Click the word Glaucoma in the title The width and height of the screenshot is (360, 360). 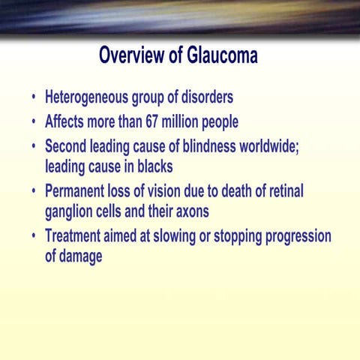(217, 55)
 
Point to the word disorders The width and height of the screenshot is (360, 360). (204, 97)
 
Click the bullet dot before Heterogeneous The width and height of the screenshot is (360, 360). (34, 98)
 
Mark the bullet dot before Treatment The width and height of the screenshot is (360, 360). (34, 236)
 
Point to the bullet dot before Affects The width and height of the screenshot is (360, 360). (34, 121)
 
